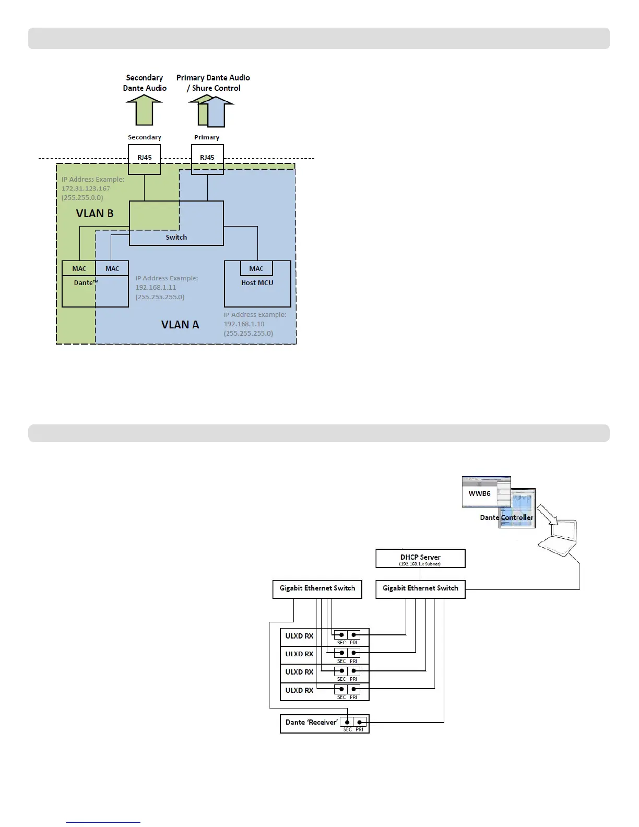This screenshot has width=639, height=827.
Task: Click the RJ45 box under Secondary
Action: [145, 158]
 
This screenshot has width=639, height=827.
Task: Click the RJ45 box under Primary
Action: [207, 158]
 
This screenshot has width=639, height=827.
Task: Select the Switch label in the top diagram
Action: [176, 237]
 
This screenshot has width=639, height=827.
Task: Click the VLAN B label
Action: [94, 214]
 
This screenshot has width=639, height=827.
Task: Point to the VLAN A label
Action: [180, 325]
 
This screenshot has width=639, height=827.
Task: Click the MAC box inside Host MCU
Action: [256, 268]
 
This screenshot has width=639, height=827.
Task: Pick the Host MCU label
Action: [257, 282]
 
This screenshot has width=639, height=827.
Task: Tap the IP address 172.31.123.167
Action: [86, 188]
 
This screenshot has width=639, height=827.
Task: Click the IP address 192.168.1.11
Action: [156, 288]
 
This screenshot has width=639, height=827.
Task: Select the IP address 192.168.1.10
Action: [244, 324]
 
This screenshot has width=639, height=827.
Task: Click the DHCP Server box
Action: [420, 559]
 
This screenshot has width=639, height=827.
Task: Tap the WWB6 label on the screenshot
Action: [479, 493]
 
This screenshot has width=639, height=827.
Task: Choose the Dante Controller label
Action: [506, 517]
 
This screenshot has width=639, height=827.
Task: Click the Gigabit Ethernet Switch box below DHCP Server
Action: [420, 588]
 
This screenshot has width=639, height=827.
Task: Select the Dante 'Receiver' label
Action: [311, 722]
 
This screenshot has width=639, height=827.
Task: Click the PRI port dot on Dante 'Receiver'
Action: [360, 723]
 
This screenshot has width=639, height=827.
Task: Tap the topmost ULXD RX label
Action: [299, 636]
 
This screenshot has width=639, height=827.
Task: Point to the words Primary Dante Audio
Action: [213, 78]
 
